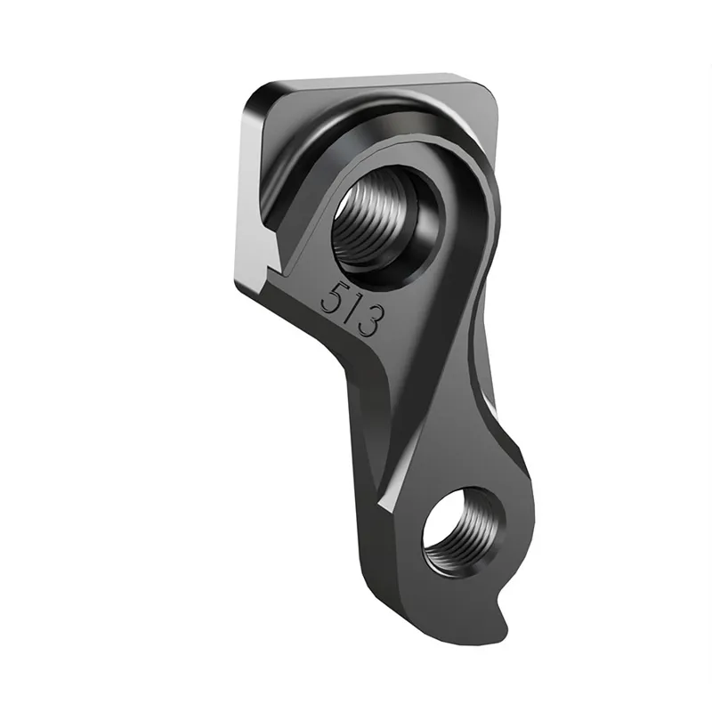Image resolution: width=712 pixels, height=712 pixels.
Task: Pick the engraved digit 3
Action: [371, 320]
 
